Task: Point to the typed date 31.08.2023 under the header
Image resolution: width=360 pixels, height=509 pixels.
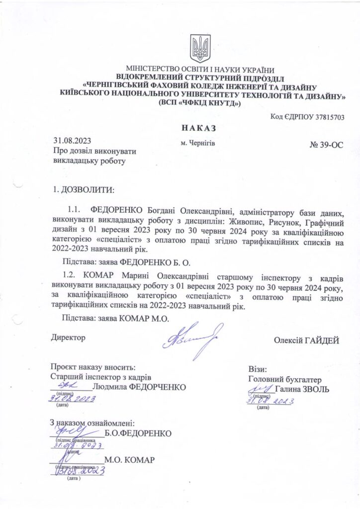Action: click(x=73, y=141)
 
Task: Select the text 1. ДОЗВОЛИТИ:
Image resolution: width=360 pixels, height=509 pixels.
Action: click(x=83, y=190)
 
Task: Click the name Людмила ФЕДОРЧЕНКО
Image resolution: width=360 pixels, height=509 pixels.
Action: click(x=141, y=387)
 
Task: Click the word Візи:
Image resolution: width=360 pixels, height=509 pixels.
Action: click(x=258, y=370)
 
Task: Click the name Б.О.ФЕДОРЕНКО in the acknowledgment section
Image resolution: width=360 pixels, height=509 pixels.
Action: click(x=138, y=433)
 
